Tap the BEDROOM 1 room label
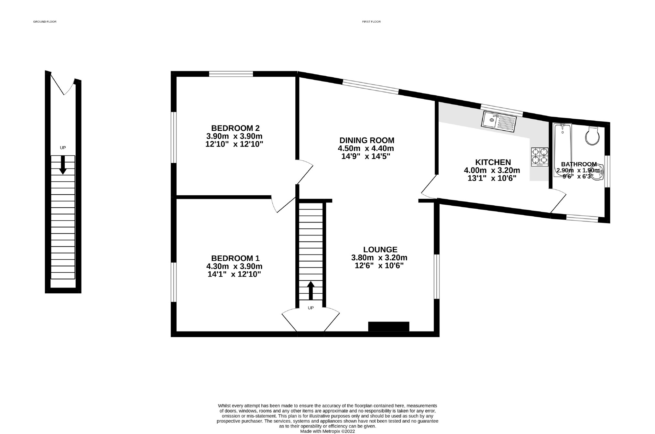(235, 258)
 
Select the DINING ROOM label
(367, 140)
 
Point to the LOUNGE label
(380, 250)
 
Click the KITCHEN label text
(493, 162)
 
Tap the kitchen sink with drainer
(499, 122)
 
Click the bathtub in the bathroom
(562, 149)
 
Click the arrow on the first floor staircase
(311, 290)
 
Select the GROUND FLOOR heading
(45, 22)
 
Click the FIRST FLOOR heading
(371, 22)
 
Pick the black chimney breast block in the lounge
(388, 326)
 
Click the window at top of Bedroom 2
(231, 74)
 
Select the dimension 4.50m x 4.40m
(366, 149)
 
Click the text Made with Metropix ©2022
(327, 431)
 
